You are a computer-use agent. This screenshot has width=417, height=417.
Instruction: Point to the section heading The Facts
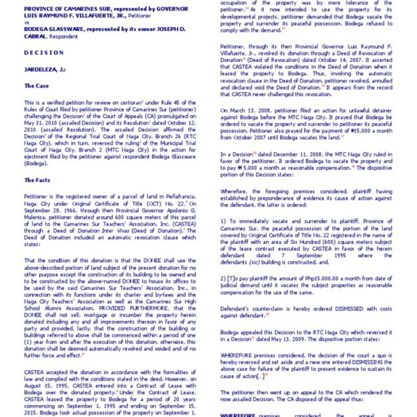point(39,180)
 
